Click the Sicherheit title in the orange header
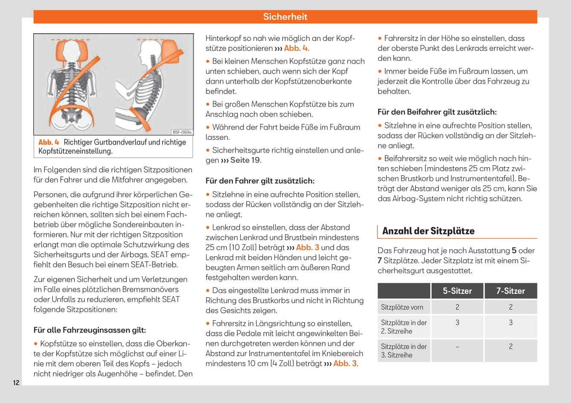pyautogui.click(x=285, y=17)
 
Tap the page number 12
pyautogui.click(x=16, y=383)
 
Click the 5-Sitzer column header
pyautogui.click(x=457, y=291)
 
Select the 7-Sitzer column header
pyautogui.click(x=510, y=291)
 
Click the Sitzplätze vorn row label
pyautogui.click(x=402, y=307)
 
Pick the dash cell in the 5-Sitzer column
pyautogui.click(x=457, y=347)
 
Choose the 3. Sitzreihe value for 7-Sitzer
pyautogui.click(x=510, y=347)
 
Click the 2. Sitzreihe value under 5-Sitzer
pyautogui.click(x=457, y=323)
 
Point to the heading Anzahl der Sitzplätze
pyautogui.click(x=428, y=231)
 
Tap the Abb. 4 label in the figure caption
pyautogui.click(x=49, y=142)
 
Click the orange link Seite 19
pyautogui.click(x=245, y=160)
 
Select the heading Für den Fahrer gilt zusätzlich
pyautogui.click(x=260, y=181)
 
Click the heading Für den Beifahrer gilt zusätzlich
pyautogui.click(x=437, y=112)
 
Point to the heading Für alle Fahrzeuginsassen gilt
pyautogui.click(x=90, y=330)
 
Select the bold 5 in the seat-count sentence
pyautogui.click(x=514, y=251)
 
